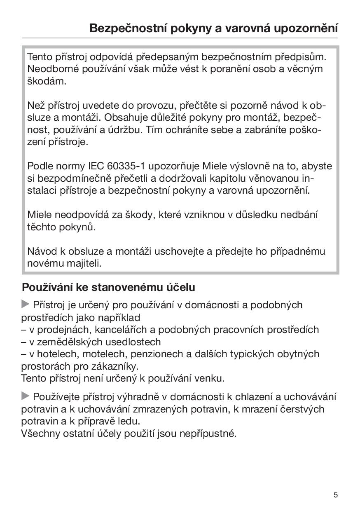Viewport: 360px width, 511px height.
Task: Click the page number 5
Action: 336,495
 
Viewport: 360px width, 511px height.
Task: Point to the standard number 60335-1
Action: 126,166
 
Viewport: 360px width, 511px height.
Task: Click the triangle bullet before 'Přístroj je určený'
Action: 26,305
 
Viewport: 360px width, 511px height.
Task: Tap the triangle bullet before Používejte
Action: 26,396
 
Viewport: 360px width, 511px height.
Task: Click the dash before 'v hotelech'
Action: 24,354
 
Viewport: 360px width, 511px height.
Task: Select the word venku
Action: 212,378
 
